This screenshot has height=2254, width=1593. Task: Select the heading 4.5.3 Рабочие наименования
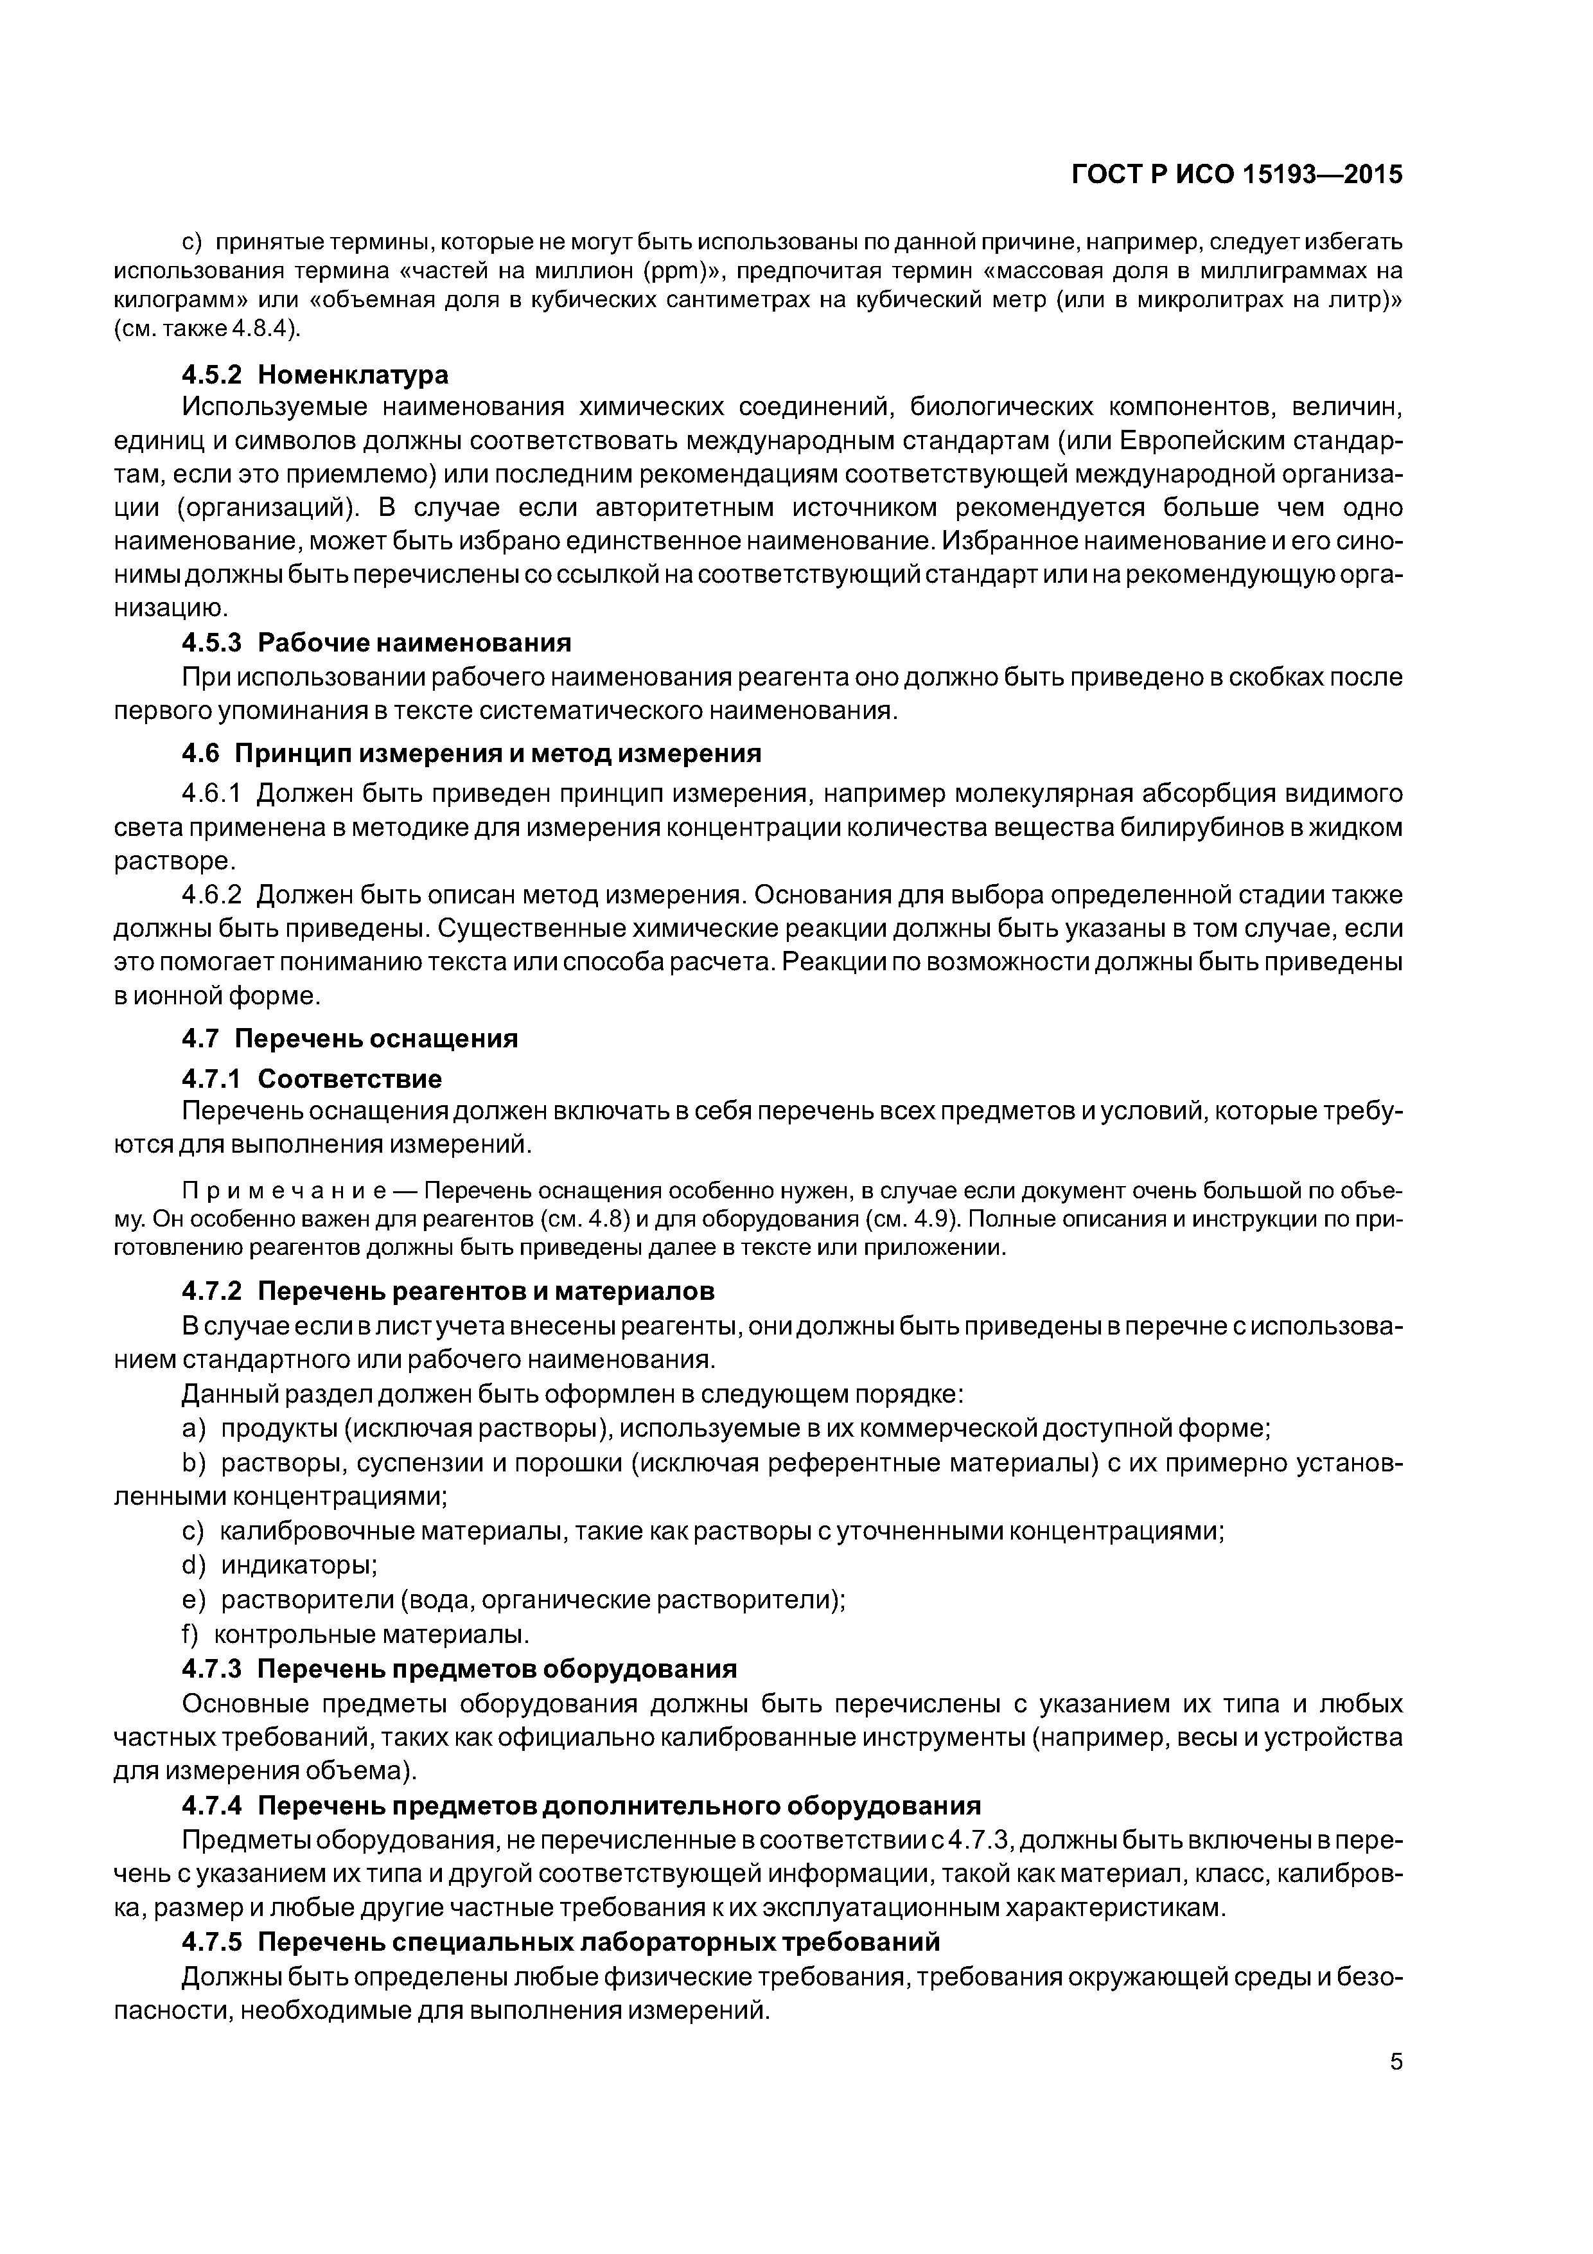[376, 643]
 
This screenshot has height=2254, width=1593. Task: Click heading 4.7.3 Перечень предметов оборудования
[459, 1669]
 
